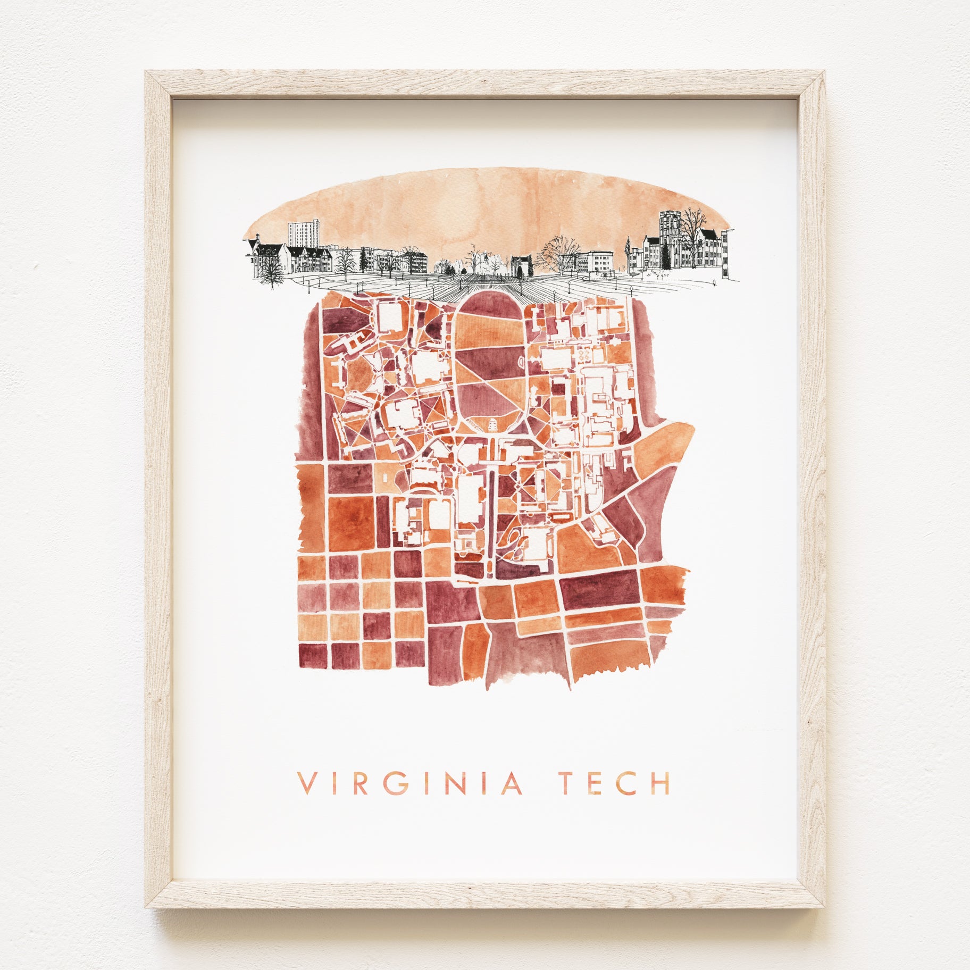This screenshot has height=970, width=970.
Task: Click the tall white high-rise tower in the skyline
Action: tap(304, 234)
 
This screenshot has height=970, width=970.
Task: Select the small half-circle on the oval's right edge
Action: tap(522, 362)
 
